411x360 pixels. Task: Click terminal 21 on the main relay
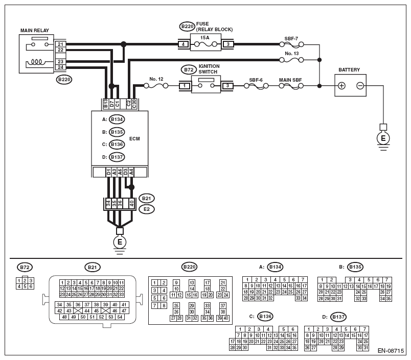(60, 44)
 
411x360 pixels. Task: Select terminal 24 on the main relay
(60, 67)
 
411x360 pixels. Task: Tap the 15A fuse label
(204, 38)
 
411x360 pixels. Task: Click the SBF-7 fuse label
(291, 39)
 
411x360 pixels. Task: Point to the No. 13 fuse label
(292, 54)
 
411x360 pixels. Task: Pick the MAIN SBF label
(290, 80)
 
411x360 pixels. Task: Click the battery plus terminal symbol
(341, 86)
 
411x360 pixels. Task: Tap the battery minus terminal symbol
(360, 86)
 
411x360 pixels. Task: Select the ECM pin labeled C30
(134, 104)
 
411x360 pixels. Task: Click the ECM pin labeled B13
(106, 104)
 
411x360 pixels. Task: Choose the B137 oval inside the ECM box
(117, 157)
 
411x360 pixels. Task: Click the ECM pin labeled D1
(108, 172)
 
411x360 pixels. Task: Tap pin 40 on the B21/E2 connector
(131, 203)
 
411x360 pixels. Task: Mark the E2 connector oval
(147, 209)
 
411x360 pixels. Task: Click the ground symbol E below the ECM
(120, 242)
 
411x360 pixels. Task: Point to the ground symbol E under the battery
(383, 138)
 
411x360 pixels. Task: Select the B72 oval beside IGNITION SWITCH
(189, 70)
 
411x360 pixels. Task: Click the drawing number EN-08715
(391, 351)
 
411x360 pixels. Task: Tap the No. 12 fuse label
(156, 79)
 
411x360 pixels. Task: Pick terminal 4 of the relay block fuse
(183, 44)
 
